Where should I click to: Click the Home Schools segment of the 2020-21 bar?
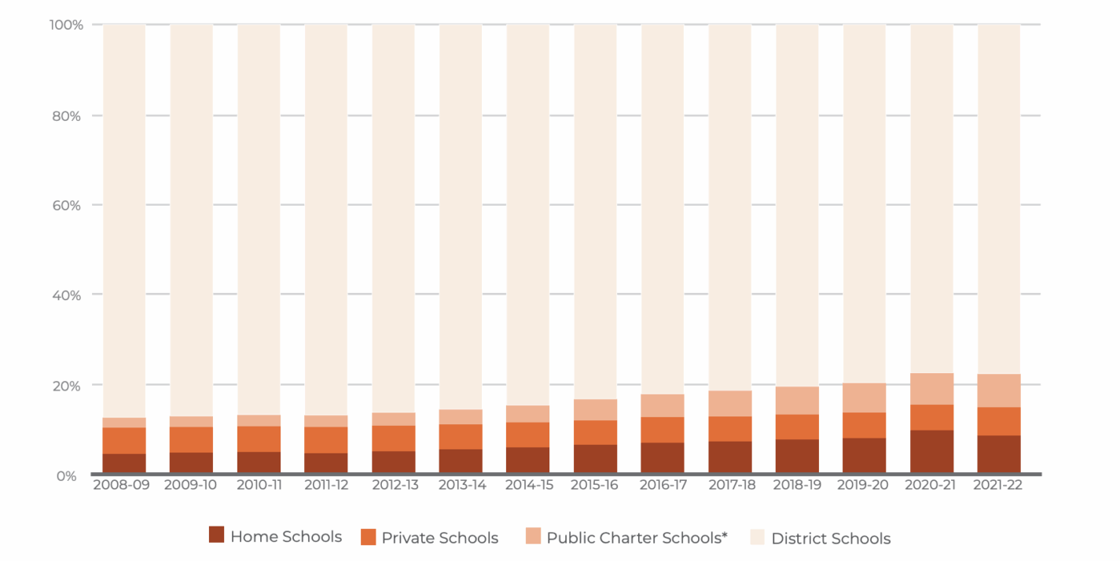pyautogui.click(x=931, y=452)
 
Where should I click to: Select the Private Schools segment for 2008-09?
pyautogui.click(x=124, y=441)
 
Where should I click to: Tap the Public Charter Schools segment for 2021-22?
pyautogui.click(x=999, y=390)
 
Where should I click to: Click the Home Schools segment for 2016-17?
pyautogui.click(x=663, y=458)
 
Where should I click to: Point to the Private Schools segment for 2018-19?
pyautogui.click(x=797, y=427)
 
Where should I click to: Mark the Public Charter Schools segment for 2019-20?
pyautogui.click(x=865, y=398)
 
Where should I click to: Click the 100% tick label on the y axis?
pyautogui.click(x=66, y=25)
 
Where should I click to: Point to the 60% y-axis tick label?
pyautogui.click(x=68, y=206)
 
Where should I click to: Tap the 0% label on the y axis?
pyautogui.click(x=67, y=476)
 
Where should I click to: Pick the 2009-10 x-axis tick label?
pyautogui.click(x=191, y=485)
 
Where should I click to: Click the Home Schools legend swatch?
pyautogui.click(x=217, y=535)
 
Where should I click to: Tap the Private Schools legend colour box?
pyautogui.click(x=369, y=537)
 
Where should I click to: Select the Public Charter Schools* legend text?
pyautogui.click(x=637, y=538)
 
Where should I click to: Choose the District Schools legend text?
pyautogui.click(x=831, y=539)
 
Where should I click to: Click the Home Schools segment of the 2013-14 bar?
pyautogui.click(x=461, y=461)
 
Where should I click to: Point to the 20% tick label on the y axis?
pyautogui.click(x=68, y=386)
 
